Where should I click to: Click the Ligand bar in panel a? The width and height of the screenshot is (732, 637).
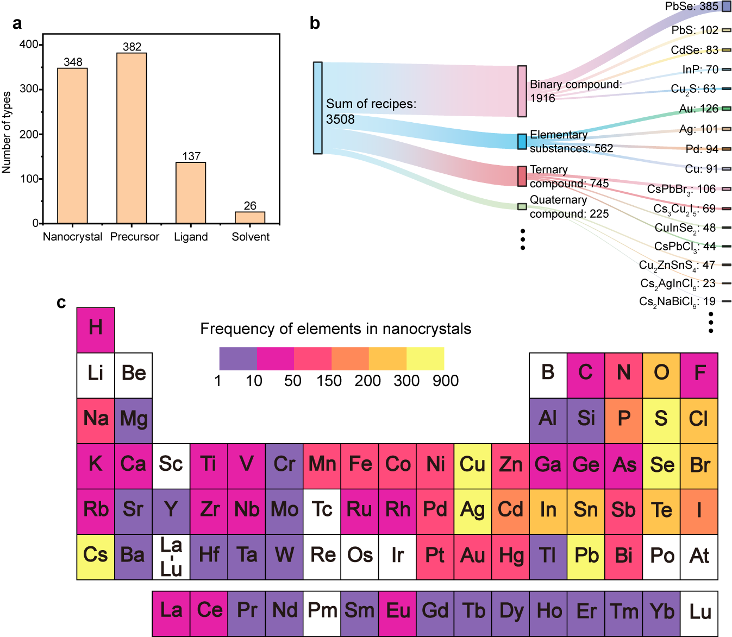(x=191, y=193)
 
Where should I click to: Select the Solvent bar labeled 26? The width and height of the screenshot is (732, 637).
(x=250, y=217)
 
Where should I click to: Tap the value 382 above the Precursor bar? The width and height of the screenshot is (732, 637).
(x=132, y=47)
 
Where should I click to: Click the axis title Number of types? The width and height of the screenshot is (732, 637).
(x=7, y=133)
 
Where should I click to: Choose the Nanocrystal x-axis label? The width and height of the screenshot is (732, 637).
(x=72, y=237)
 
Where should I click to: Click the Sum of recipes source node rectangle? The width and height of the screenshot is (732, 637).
(x=318, y=108)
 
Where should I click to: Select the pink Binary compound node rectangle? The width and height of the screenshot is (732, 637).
(x=522, y=91)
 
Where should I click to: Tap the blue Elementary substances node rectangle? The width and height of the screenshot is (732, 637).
(x=522, y=141)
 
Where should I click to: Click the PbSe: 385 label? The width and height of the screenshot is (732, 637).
(x=692, y=7)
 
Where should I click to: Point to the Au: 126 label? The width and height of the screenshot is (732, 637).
(x=698, y=109)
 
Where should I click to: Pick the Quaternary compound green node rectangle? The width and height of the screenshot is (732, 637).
(x=522, y=206)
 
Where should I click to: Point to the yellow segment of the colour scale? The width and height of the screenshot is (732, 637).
(x=426, y=358)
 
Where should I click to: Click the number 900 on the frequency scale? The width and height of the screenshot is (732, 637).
(x=446, y=381)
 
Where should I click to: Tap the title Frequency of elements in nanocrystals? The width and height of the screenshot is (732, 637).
(x=335, y=329)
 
